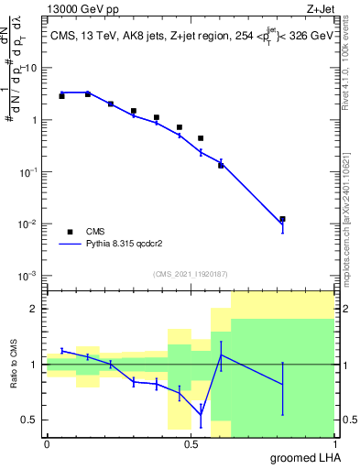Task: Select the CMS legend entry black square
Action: click(68, 233)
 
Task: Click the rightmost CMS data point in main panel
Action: click(283, 219)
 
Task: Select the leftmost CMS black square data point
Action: click(61, 95)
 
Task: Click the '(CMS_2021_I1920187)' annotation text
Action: click(190, 274)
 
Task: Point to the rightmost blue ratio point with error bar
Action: click(283, 385)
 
